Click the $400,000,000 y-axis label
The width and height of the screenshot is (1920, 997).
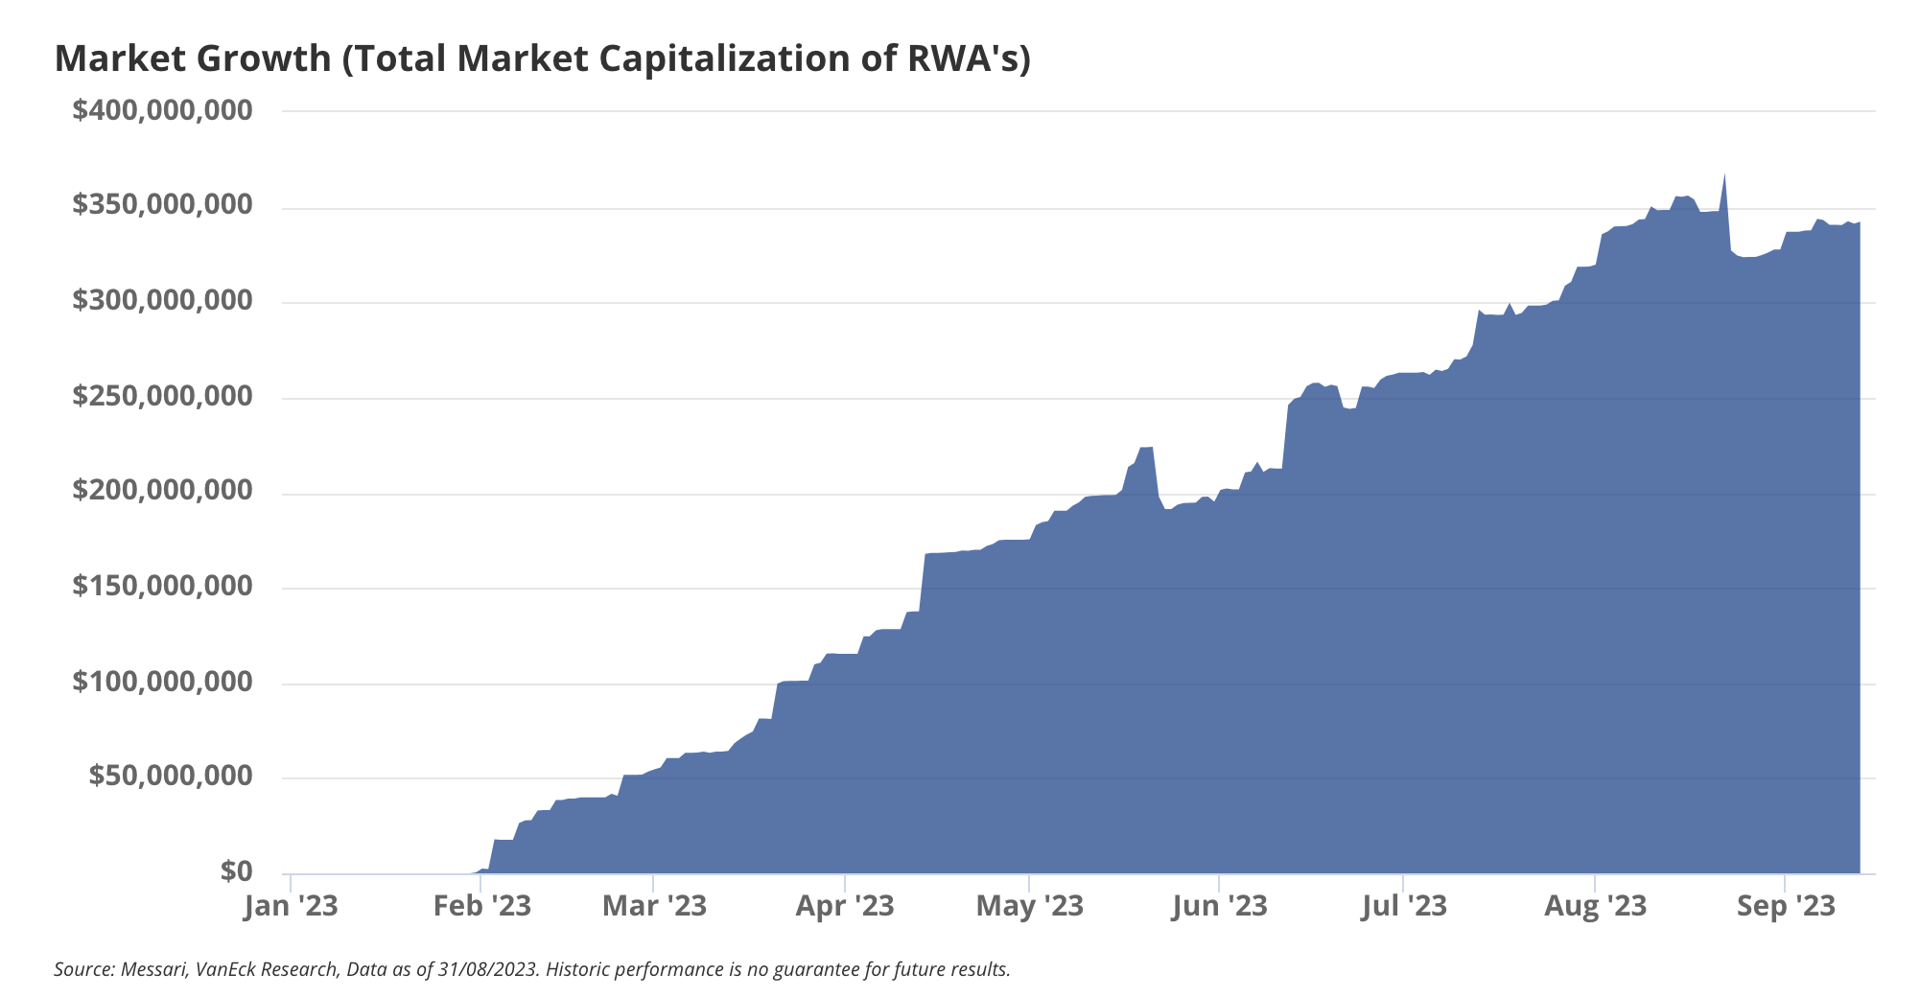162,111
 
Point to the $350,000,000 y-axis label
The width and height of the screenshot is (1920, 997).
162,206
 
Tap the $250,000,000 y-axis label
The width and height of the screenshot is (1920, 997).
162,397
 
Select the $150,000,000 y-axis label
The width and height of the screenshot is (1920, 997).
162,587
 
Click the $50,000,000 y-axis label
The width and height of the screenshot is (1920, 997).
171,777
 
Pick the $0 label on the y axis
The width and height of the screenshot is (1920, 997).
236,872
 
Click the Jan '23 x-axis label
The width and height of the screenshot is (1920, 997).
291,906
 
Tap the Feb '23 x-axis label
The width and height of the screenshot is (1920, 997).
481,906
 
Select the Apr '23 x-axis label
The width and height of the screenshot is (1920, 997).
845,906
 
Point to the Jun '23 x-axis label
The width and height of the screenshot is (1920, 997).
1219,906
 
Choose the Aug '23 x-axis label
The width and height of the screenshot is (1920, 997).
1595,906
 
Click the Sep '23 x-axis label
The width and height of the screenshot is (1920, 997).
1785,906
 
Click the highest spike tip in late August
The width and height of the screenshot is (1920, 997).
1724,175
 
